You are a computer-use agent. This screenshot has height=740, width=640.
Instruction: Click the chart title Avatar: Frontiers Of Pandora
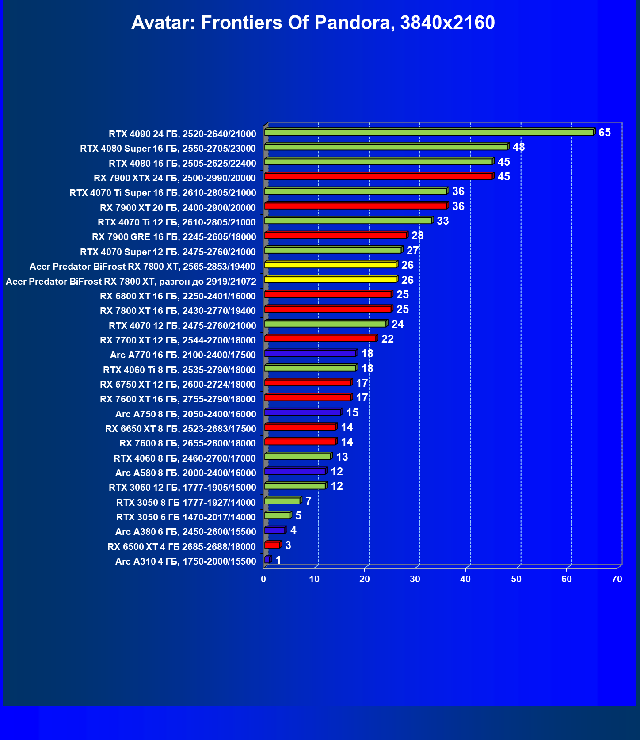click(312, 23)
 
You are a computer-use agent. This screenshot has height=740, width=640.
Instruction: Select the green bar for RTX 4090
click(429, 132)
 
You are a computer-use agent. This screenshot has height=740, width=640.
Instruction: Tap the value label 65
click(604, 133)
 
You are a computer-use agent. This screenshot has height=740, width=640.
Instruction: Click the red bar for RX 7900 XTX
click(378, 176)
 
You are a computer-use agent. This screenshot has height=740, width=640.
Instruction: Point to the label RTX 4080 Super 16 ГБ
click(168, 149)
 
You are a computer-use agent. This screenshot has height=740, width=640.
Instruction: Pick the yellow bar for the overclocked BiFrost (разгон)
click(330, 279)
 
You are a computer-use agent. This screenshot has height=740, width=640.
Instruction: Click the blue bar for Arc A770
click(310, 353)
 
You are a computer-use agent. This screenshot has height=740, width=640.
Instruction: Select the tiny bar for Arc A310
click(267, 560)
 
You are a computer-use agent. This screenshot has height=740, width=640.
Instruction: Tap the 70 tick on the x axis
click(617, 579)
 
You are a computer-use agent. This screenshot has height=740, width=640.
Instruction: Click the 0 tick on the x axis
click(264, 579)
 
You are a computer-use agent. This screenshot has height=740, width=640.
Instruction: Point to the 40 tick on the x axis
click(465, 579)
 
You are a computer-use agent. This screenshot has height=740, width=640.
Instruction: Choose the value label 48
click(518, 147)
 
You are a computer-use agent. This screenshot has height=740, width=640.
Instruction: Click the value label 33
click(442, 221)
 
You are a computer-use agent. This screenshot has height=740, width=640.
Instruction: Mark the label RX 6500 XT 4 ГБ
click(182, 547)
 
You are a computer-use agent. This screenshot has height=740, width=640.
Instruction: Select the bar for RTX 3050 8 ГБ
click(282, 500)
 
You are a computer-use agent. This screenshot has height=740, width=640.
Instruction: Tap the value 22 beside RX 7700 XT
click(387, 339)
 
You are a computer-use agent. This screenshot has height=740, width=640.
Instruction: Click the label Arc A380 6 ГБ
click(186, 532)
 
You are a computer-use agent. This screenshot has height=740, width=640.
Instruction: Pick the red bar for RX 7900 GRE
click(335, 235)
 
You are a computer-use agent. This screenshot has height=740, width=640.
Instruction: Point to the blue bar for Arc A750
click(302, 412)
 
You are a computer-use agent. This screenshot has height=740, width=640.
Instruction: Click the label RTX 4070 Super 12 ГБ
click(168, 252)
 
